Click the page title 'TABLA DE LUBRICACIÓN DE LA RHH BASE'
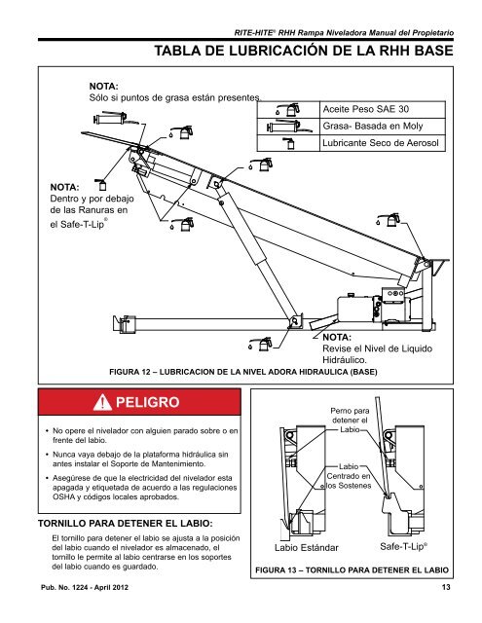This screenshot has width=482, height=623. (313, 49)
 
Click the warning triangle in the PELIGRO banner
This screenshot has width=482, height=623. (99, 402)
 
